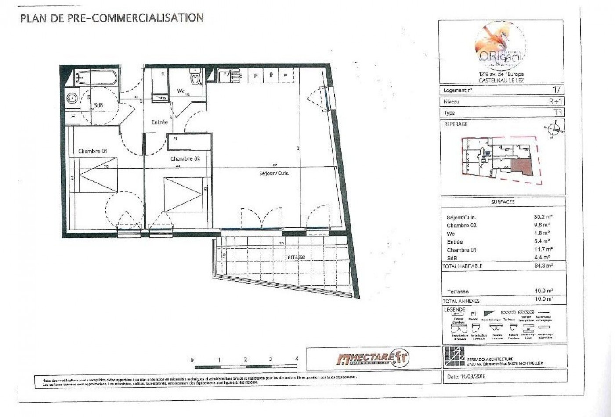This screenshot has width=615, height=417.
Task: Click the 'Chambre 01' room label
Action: pos(93,151)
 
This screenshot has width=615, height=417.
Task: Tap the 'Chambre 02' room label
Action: pos(185,159)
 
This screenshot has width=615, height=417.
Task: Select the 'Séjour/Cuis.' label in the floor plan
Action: pos(274,173)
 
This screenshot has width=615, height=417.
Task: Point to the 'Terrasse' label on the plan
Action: pos(294,257)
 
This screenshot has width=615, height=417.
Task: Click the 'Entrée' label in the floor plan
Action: pos(159,122)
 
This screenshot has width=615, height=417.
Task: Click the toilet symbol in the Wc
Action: pos(194,79)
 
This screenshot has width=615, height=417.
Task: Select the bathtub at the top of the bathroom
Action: pos(95,78)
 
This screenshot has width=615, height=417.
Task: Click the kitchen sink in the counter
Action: pos(228,76)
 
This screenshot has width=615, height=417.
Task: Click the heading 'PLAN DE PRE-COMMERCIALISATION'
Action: pos(112,18)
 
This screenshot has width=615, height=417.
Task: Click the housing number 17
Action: pos(557,90)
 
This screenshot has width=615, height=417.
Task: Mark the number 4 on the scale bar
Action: pos(297,359)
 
